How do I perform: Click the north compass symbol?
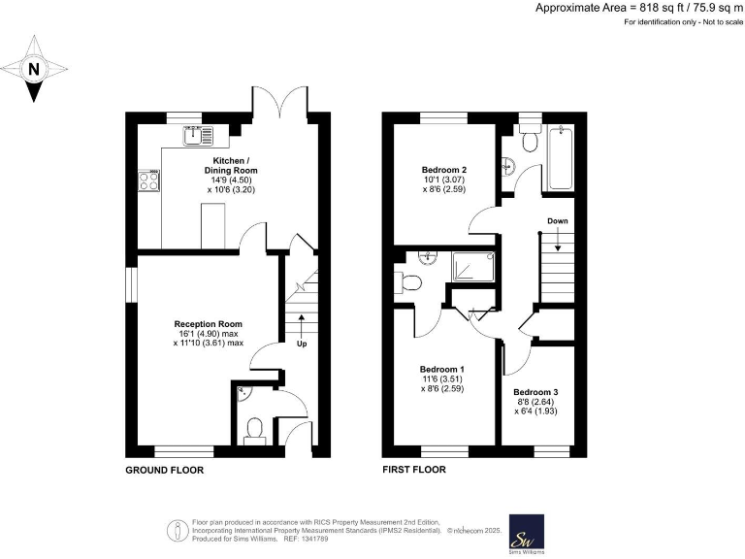35,69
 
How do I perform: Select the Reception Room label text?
208,324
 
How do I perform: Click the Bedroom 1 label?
441,370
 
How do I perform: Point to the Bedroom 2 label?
443,168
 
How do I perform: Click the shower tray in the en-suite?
471,266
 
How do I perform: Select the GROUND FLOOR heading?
164,470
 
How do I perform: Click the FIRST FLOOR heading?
414,470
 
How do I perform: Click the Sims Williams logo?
526,535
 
